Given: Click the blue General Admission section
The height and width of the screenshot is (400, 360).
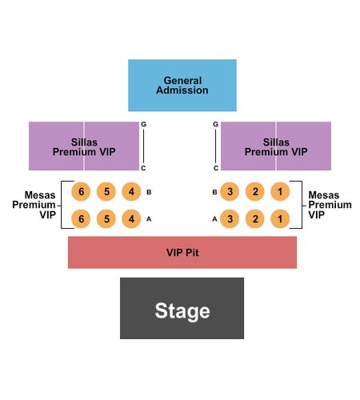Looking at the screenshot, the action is click(182, 85).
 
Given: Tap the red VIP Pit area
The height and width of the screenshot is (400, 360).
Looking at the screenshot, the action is click(182, 252).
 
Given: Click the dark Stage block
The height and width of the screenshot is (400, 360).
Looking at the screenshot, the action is click(182, 308).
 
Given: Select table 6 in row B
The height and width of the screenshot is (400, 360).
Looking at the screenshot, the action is click(81, 191).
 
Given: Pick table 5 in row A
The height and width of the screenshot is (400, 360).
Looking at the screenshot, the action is click(106, 219).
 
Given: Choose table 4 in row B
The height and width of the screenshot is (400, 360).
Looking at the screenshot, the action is click(131, 191).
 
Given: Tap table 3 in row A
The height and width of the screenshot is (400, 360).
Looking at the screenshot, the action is click(230, 219).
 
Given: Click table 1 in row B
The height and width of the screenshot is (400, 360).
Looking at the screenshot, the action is click(280, 191).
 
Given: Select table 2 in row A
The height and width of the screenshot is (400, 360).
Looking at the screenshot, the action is click(255, 219).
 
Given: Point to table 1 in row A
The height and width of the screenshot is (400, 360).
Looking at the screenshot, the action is click(280, 219).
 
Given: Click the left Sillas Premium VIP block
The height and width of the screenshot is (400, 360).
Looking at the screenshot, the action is click(84, 146).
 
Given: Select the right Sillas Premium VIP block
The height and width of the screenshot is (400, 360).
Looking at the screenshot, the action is click(276, 146).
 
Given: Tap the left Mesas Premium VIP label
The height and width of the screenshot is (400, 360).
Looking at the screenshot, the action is click(34, 205).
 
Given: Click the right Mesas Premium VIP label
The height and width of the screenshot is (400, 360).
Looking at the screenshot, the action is click(330, 205).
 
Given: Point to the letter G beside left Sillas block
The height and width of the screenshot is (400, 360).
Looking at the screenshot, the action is click(143, 124).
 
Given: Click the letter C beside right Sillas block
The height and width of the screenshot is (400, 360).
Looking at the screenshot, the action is click(216, 168).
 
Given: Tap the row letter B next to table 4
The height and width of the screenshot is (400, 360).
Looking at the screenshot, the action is click(149, 192).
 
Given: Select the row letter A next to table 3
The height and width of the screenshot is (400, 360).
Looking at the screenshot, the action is click(214, 219).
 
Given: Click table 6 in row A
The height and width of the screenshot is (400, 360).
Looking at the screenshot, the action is click(81, 219).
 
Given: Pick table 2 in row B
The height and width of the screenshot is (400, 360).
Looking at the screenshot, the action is click(255, 191).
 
